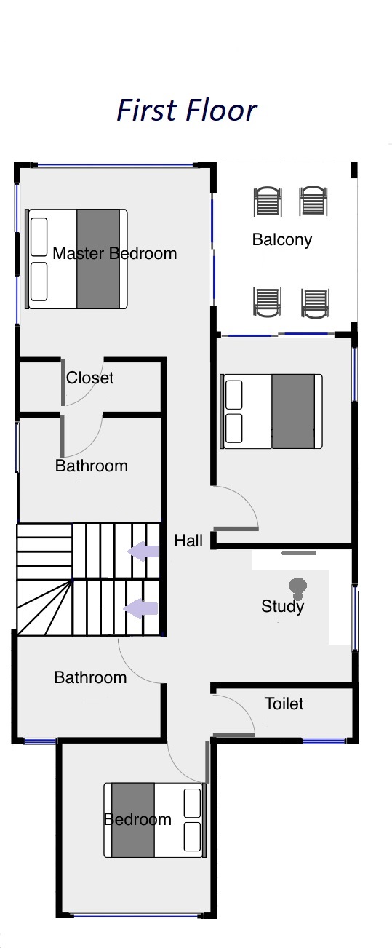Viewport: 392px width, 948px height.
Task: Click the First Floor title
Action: [x=186, y=111]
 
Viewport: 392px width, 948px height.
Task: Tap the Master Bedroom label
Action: [x=115, y=253]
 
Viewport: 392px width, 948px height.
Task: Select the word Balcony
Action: [x=282, y=240]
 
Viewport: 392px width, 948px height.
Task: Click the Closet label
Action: [x=90, y=378]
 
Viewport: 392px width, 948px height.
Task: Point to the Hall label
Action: [x=188, y=541]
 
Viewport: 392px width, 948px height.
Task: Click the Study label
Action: [x=283, y=607]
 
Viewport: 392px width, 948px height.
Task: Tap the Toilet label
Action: [x=284, y=704]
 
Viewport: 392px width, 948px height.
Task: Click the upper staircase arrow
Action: [x=143, y=551]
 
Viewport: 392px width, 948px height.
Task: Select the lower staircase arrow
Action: [x=140, y=608]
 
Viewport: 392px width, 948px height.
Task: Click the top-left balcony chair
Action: [x=268, y=202]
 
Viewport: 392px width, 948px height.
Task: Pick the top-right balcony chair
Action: [x=313, y=201]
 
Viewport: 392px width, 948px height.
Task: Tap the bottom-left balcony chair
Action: [x=267, y=302]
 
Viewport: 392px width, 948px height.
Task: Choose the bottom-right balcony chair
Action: [x=316, y=303]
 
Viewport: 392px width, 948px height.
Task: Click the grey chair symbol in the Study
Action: [x=297, y=589]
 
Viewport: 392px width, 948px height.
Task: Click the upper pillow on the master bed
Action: [x=39, y=237]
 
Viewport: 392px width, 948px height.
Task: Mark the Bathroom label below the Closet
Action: [x=92, y=466]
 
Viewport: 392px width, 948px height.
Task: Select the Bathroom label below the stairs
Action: [x=90, y=677]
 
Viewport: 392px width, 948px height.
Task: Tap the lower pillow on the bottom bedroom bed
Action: [x=193, y=837]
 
